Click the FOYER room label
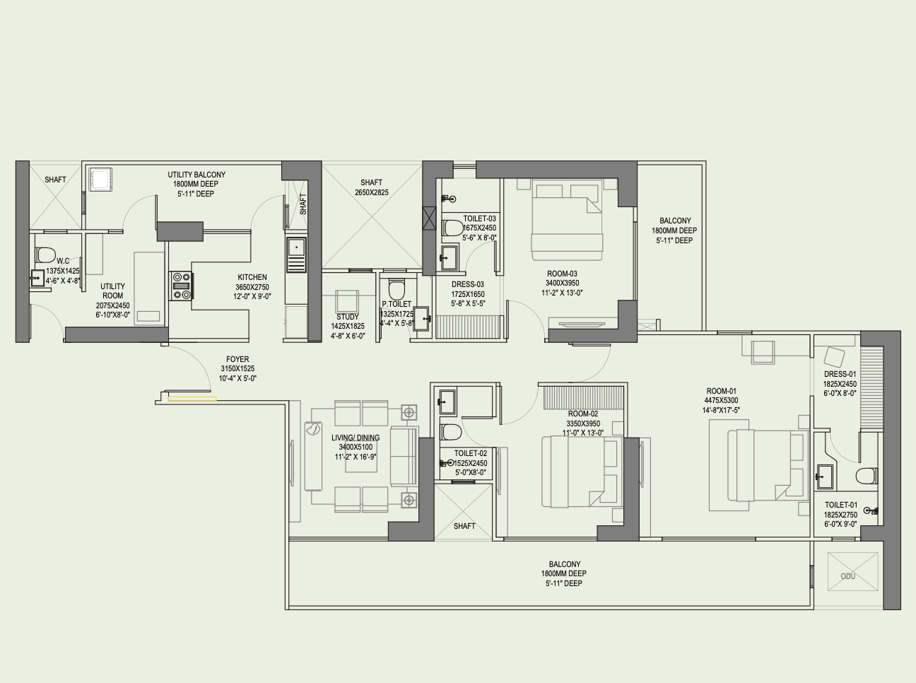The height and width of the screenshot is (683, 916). coord(237,359)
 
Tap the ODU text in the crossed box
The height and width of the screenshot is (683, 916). coord(848,576)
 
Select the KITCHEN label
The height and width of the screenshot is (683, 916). coord(252,277)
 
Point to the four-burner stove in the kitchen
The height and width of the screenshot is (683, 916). coord(181,286)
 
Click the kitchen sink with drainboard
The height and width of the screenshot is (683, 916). coord(296,255)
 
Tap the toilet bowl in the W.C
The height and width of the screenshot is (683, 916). coord(45,255)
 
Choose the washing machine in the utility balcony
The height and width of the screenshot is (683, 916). coord(100,180)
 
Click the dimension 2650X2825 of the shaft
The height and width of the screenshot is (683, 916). coord(371,192)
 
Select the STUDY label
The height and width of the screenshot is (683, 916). coord(348,317)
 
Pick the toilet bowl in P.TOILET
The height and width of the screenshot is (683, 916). coord(397,290)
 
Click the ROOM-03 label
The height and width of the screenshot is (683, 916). coord(562,274)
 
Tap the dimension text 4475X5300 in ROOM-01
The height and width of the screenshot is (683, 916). coord(721,400)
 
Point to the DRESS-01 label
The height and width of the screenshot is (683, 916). coord(840,374)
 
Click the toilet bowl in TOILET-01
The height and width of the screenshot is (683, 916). coord(867,476)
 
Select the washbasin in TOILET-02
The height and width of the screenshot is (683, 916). coord(447,402)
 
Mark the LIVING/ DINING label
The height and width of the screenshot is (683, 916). coord(356,438)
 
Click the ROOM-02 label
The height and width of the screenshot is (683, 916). coord(583,414)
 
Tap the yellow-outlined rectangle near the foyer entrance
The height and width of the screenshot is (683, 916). coord(192,399)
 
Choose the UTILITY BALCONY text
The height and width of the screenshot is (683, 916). coord(196,175)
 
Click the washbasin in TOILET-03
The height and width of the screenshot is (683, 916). coord(449,257)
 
